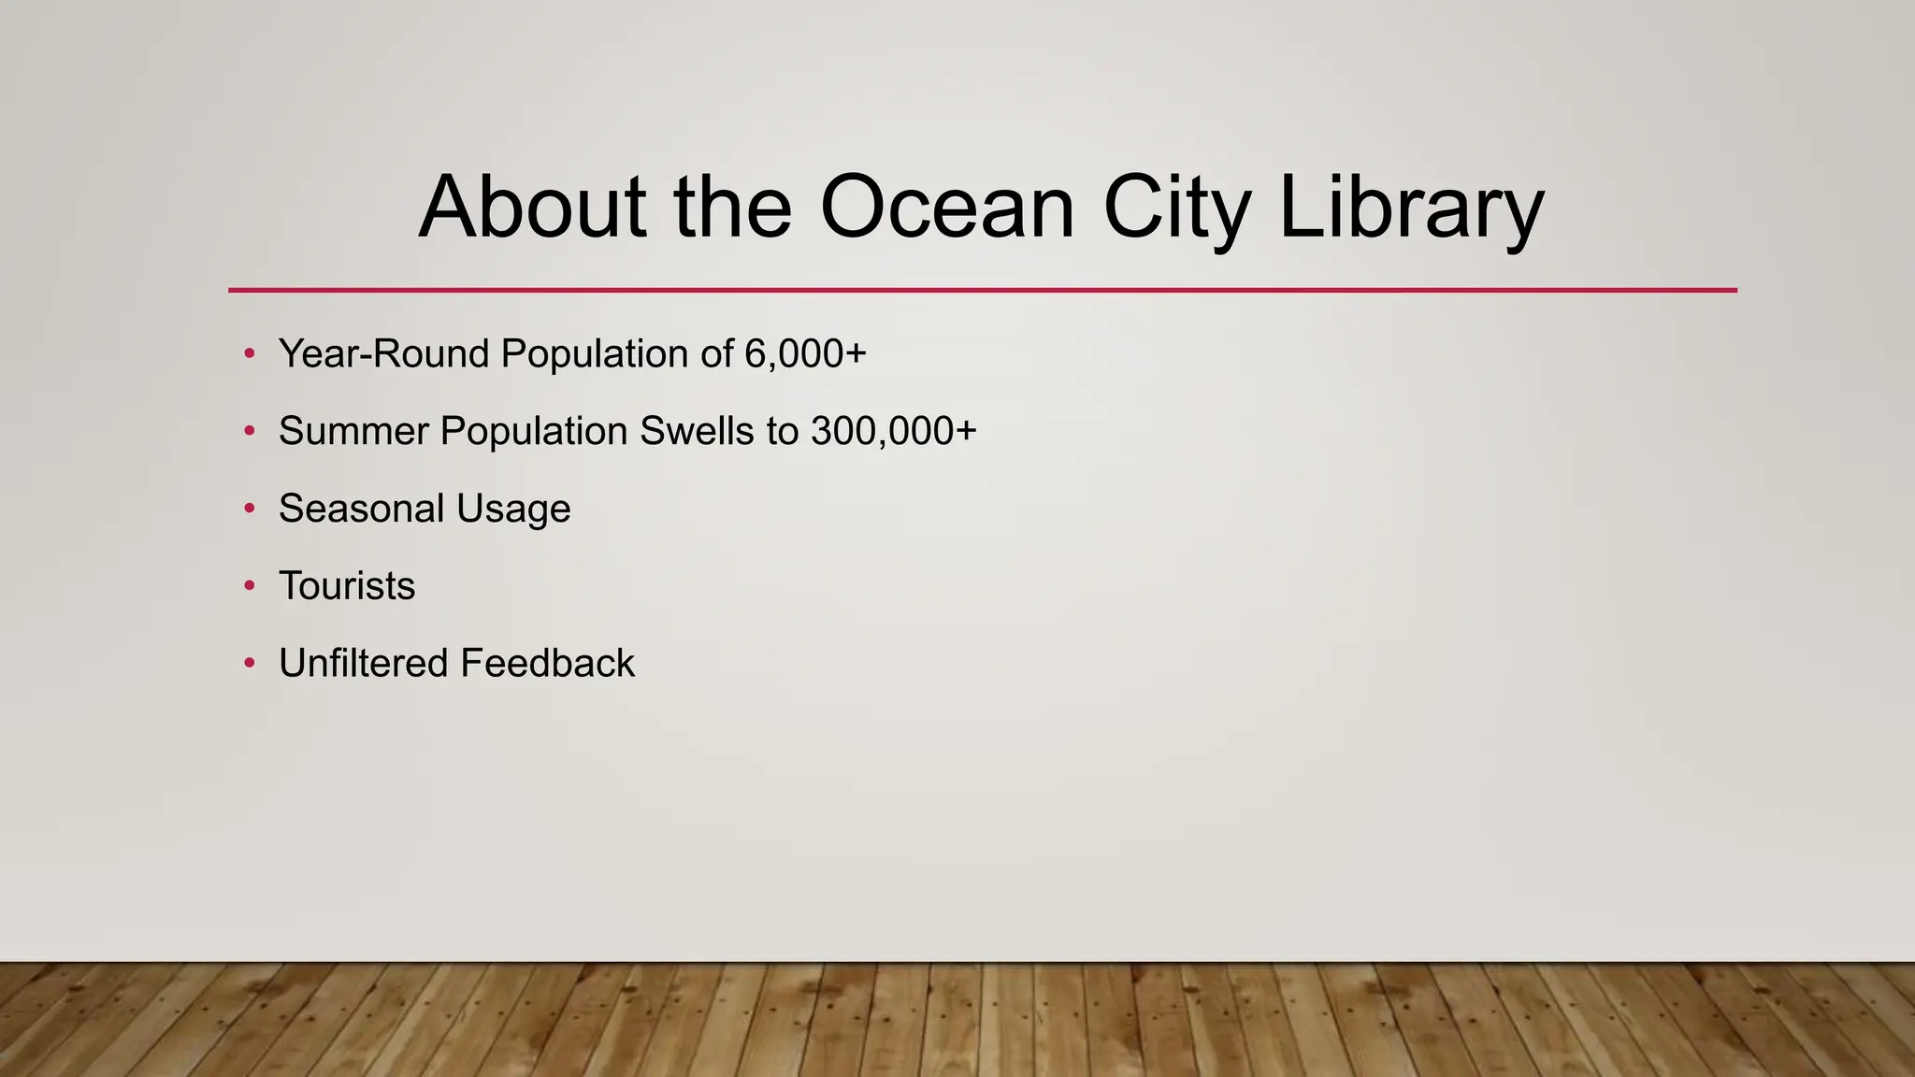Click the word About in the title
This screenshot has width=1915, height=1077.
tap(532, 207)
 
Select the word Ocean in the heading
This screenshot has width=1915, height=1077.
tap(947, 207)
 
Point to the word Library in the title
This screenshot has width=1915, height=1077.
tap(1410, 207)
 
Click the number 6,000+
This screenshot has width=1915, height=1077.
tap(806, 354)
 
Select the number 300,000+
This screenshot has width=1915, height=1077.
tap(894, 431)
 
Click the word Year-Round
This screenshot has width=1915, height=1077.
tap(384, 354)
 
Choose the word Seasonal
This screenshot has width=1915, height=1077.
tap(361, 509)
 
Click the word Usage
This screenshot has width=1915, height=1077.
tap(513, 510)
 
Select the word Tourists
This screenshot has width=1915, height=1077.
tap(347, 586)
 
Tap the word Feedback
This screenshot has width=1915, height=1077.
tap(547, 664)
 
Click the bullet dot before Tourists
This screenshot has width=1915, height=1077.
tap(249, 586)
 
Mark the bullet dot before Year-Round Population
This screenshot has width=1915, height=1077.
tap(249, 354)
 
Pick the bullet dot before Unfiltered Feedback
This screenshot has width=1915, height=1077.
tap(249, 664)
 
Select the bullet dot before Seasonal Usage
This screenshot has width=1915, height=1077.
tap(249, 509)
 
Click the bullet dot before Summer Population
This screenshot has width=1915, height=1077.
tap(249, 431)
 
